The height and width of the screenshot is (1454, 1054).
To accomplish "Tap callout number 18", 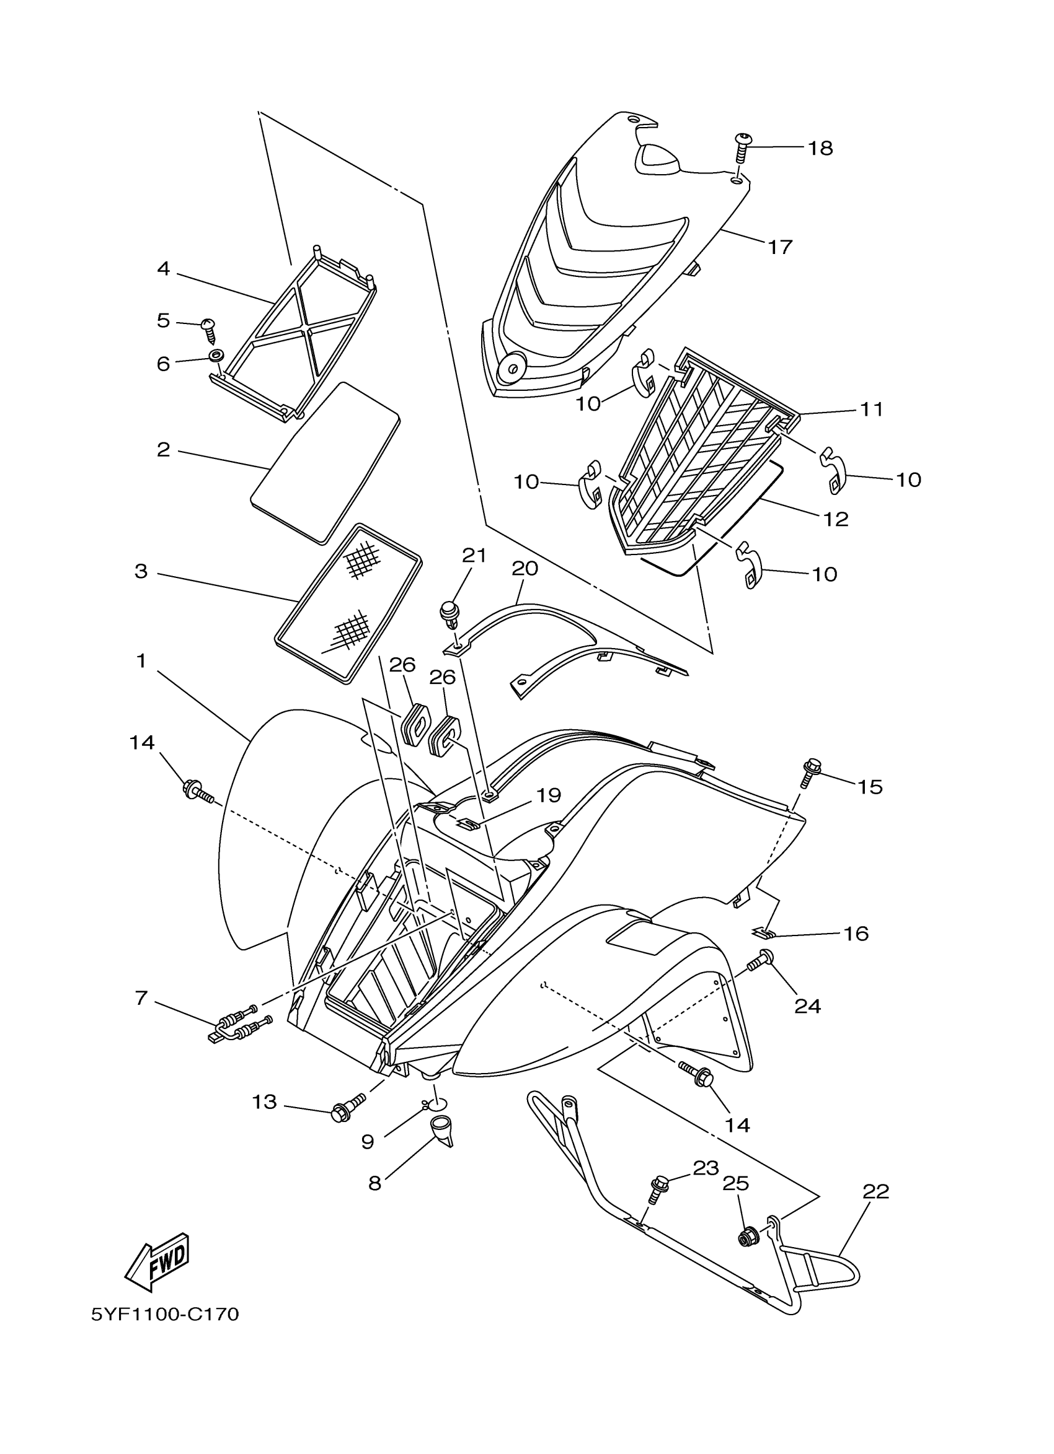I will (x=820, y=148).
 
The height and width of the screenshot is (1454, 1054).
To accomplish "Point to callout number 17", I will (x=780, y=247).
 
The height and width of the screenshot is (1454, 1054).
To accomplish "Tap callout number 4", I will (x=164, y=269).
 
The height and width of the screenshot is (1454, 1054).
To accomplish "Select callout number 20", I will (x=525, y=569).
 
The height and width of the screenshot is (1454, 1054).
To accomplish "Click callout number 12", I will (x=836, y=519).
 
